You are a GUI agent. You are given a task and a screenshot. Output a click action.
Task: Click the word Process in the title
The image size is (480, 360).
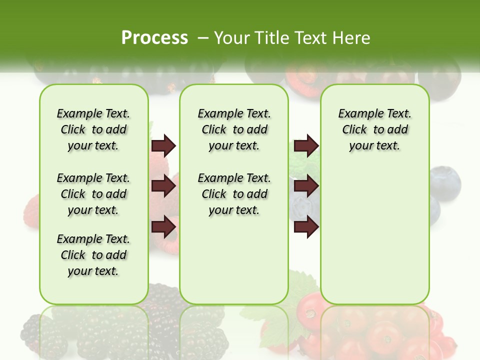coord(154,37)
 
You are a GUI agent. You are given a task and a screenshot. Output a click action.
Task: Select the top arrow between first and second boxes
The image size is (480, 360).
coord(163,145)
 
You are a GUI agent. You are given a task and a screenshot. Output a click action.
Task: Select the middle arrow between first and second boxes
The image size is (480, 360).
coord(163,186)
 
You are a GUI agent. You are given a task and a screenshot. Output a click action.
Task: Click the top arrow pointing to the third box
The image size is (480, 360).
coord(306,145)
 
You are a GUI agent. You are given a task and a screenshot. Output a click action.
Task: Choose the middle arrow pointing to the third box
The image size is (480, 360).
coord(306,186)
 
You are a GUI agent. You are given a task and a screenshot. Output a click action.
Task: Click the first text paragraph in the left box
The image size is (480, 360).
coord(93,129)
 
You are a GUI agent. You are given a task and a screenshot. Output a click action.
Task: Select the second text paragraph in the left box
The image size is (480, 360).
coord(93,194)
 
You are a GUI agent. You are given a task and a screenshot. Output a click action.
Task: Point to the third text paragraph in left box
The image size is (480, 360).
coord(93,255)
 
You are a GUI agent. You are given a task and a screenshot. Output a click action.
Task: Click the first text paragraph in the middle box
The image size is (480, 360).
coord(234,129)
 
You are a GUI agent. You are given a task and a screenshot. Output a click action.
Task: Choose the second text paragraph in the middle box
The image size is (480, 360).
coord(234,194)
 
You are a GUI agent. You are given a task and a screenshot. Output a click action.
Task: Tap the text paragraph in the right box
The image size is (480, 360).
coord(374,129)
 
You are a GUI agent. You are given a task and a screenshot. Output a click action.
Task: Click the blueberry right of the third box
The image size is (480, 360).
coord(444,182)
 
